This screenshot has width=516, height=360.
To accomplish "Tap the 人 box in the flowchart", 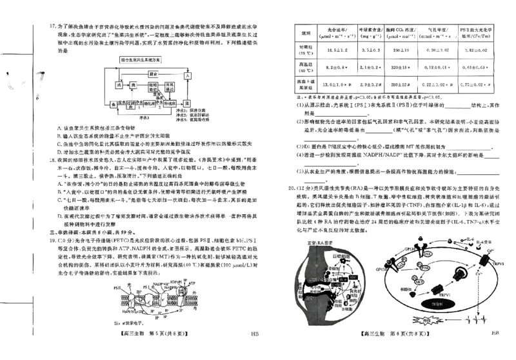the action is click(187, 75).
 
